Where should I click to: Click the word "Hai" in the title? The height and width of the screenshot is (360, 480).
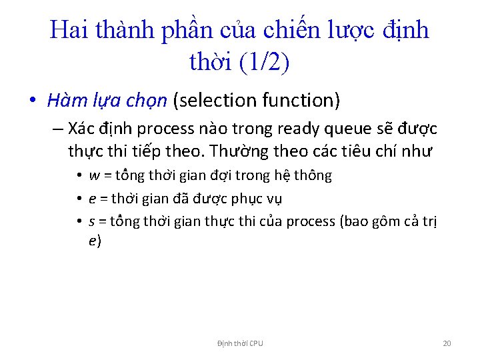(69, 30)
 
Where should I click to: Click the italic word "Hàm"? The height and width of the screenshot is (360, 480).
(65, 101)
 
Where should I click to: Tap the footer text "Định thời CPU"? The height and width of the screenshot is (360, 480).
(240, 343)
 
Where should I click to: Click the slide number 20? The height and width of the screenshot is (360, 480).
(447, 343)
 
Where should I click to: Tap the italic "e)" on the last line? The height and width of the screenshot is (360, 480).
(94, 241)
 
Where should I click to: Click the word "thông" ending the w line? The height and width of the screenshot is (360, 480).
(313, 176)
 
